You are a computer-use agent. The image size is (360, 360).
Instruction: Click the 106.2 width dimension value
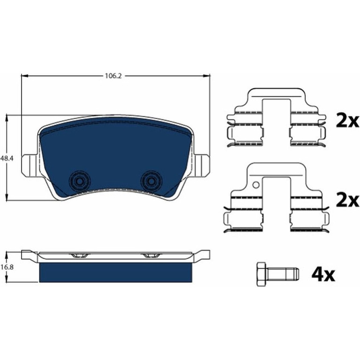pos(113,76)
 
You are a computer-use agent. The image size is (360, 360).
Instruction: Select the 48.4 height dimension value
pos(7,158)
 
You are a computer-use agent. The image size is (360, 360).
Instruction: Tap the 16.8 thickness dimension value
pos(7,267)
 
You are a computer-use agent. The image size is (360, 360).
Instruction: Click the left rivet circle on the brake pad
pos(79,181)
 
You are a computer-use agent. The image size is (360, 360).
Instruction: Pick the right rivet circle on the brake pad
pos(151,181)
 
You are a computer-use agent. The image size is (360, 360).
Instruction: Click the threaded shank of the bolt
pos(283,274)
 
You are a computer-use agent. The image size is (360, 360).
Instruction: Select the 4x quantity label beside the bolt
pos(323,274)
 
